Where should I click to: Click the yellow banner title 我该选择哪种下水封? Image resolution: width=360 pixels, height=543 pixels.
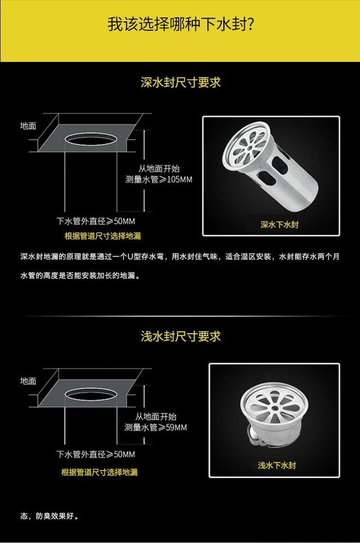tap(181, 25)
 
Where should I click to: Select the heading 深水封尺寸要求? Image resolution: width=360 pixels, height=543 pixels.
tap(181, 83)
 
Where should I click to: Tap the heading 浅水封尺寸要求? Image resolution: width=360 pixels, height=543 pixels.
tap(181, 336)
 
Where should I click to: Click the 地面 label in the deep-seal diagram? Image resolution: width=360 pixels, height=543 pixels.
tap(28, 126)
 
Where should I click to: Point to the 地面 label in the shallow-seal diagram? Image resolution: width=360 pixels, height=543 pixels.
tap(28, 381)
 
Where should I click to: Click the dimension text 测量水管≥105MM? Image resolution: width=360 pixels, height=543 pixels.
tap(159, 179)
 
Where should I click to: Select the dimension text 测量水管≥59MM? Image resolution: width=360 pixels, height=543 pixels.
tap(156, 427)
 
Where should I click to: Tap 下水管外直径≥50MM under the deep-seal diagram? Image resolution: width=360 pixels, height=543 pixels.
tap(96, 221)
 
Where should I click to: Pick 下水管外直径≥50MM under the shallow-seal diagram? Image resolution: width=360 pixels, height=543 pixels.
tap(96, 454)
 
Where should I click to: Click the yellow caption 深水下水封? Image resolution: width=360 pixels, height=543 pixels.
tap(279, 224)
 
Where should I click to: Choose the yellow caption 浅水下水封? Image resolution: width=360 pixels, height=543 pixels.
tap(277, 465)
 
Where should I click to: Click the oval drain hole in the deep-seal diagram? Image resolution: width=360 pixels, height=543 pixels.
tap(91, 134)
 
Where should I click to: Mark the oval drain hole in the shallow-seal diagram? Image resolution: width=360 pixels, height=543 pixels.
tap(91, 390)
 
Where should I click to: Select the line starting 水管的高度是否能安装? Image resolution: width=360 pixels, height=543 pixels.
tap(80, 275)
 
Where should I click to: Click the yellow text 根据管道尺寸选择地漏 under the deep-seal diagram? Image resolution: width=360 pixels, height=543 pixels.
tap(103, 236)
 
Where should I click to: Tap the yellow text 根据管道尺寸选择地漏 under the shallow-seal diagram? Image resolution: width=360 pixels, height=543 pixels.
tap(100, 472)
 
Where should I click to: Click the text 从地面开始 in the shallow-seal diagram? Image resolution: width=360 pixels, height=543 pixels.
tap(156, 416)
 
